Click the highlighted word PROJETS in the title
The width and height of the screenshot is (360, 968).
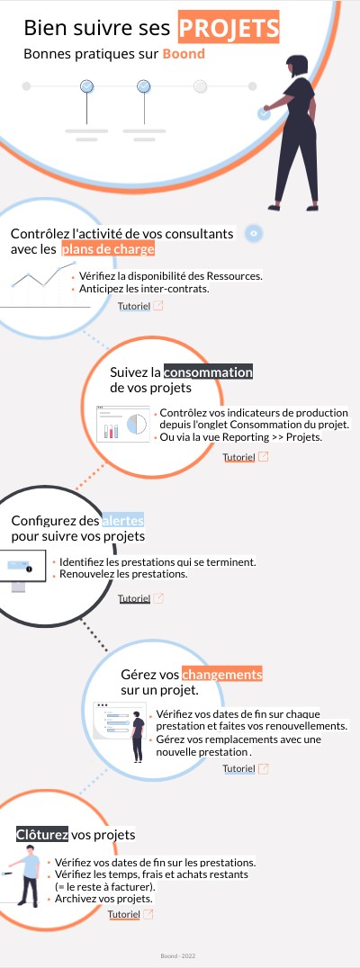click(229, 28)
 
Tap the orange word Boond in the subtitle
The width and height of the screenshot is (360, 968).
click(184, 54)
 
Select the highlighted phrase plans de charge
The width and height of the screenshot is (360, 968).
click(107, 249)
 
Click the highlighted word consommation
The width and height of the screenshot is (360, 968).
click(208, 372)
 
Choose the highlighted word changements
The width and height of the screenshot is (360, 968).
click(221, 674)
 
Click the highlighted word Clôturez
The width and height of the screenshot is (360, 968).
click(42, 835)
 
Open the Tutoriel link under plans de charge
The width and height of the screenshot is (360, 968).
click(134, 306)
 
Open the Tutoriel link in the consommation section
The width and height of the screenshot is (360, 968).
click(239, 457)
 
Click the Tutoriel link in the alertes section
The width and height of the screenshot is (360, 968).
click(134, 598)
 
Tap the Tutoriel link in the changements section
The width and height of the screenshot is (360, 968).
click(239, 768)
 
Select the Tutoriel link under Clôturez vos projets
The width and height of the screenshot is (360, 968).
click(124, 914)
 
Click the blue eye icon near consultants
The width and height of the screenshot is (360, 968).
click(254, 233)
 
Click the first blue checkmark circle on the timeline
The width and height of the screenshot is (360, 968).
click(87, 86)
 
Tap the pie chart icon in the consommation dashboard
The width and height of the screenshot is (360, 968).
click(137, 424)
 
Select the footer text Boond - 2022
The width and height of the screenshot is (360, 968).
click(178, 956)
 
